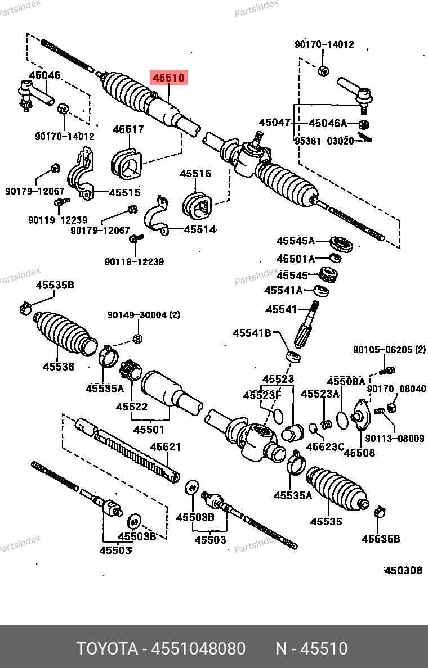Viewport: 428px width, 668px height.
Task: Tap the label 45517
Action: [128, 129]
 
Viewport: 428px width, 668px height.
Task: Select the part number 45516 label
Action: [195, 173]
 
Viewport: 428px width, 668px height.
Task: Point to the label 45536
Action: [59, 367]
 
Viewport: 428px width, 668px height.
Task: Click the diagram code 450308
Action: [403, 570]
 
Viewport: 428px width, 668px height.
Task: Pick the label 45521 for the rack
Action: [165, 447]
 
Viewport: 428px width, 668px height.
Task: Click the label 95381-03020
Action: [324, 141]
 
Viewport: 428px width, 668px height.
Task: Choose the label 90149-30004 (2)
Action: [144, 315]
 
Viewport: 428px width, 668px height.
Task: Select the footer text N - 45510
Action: [311, 648]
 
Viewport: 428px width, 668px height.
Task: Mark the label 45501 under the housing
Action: [149, 430]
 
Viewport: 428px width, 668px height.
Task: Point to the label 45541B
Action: [252, 333]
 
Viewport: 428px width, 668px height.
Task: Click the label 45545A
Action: [295, 241]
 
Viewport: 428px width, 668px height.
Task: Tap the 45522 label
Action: [132, 407]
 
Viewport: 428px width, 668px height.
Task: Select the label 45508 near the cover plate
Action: [359, 452]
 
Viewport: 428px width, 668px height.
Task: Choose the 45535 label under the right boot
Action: [326, 521]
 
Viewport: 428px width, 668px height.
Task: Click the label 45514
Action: [200, 229]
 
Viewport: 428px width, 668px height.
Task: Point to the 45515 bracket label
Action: [124, 192]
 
